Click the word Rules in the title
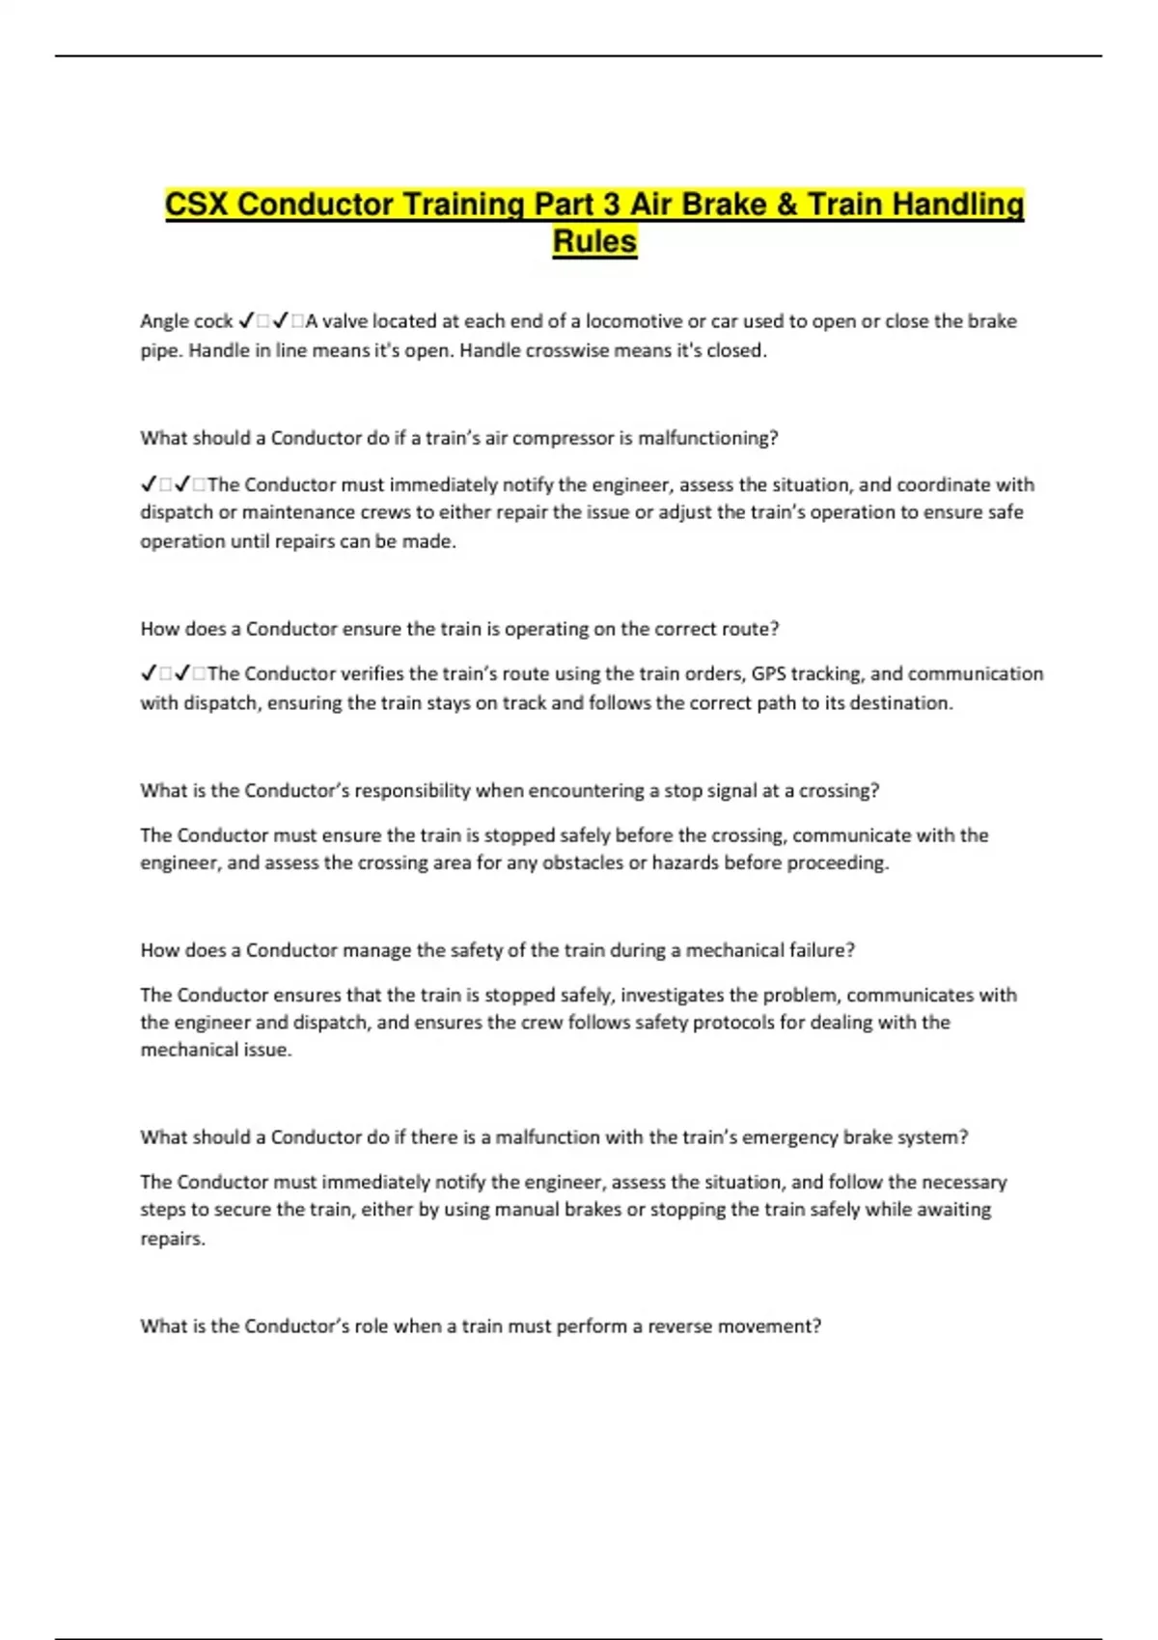click(594, 241)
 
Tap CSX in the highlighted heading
click(197, 205)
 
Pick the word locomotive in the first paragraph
click(633, 321)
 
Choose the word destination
click(901, 702)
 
